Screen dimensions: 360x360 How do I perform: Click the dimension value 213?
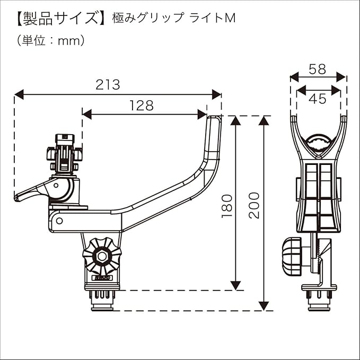[108, 84]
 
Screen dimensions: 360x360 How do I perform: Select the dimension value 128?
[142, 106]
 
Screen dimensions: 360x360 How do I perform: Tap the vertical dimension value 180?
[226, 206]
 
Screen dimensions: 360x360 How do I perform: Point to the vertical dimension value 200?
[254, 206]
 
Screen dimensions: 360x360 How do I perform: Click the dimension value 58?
[317, 69]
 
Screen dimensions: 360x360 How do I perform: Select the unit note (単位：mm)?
[51, 40]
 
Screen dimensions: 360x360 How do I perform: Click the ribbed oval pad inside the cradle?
[319, 143]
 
